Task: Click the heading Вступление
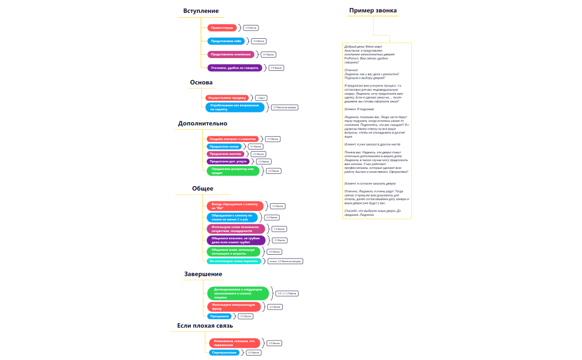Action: click(x=201, y=11)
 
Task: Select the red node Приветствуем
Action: click(x=222, y=28)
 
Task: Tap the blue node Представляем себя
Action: click(x=226, y=41)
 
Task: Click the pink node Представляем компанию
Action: click(x=230, y=54)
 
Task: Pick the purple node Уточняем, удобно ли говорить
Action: click(x=234, y=68)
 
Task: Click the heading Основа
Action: click(x=201, y=83)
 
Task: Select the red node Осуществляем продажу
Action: click(x=227, y=97)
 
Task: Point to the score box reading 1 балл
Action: click(x=261, y=98)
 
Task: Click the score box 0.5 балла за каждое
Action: click(x=285, y=107)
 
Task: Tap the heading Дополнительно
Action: click(x=202, y=124)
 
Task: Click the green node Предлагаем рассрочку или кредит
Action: click(x=233, y=171)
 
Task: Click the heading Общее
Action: click(x=202, y=189)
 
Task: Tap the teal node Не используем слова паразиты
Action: click(x=234, y=261)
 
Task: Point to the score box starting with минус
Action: click(x=285, y=261)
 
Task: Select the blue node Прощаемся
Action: click(x=220, y=316)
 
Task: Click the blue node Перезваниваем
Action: click(x=224, y=352)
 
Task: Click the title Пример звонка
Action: click(x=372, y=11)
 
